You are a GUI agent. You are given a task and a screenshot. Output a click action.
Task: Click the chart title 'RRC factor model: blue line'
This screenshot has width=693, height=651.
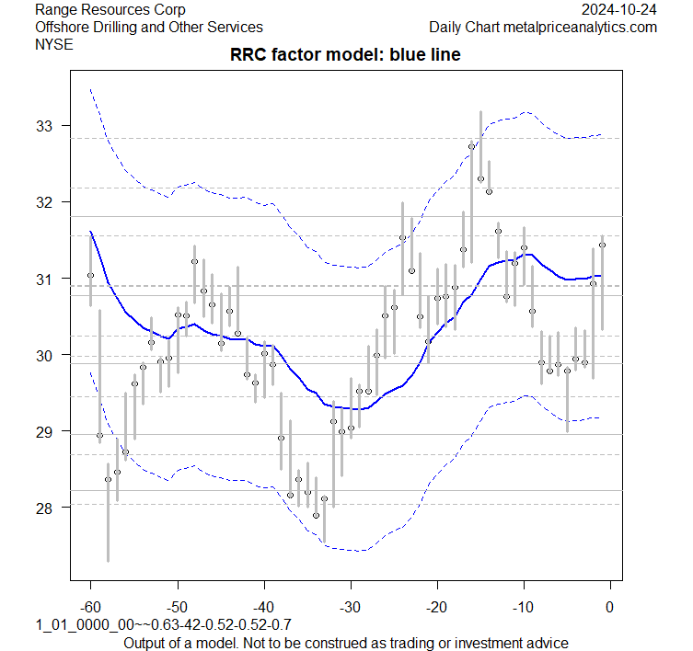(345, 55)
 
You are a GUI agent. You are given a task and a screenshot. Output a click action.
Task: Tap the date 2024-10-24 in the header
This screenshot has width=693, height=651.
(620, 10)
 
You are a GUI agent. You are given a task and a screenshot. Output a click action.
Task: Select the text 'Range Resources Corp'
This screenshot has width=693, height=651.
(110, 10)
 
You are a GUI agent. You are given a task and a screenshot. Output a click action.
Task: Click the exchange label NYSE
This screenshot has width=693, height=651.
(53, 44)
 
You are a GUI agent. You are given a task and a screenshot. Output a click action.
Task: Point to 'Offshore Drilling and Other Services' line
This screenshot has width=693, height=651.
(149, 28)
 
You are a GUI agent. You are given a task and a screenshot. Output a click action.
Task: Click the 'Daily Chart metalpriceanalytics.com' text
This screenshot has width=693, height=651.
(543, 28)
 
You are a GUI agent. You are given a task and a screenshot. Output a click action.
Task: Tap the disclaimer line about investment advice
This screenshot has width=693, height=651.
(345, 643)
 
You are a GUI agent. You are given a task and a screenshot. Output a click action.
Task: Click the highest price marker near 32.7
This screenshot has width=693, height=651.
(472, 146)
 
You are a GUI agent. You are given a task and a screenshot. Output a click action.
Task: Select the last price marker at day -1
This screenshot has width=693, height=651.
(602, 245)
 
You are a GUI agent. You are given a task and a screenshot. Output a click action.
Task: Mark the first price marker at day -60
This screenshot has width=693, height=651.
(90, 275)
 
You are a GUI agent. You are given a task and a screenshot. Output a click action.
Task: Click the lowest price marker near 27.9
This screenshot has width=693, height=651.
(316, 515)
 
